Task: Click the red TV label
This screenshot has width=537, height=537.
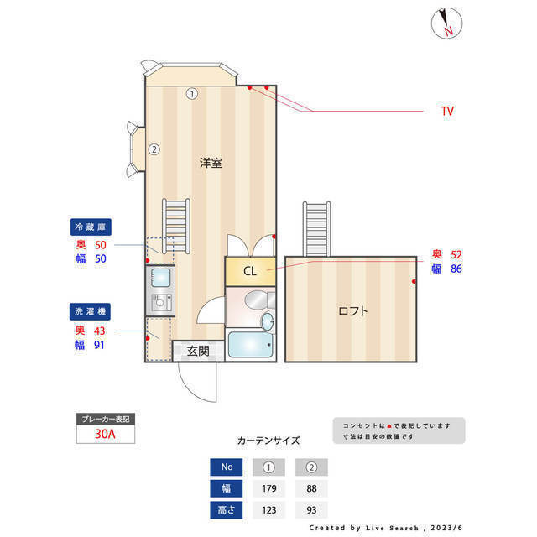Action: tap(447, 110)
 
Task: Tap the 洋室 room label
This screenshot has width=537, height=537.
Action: tap(211, 163)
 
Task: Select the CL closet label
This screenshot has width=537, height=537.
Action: tap(250, 271)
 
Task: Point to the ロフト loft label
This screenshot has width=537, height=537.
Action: tap(352, 310)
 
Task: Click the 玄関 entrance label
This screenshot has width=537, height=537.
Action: tap(198, 351)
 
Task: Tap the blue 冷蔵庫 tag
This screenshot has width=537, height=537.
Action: tap(91, 227)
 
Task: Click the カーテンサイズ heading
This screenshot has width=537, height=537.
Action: tap(268, 440)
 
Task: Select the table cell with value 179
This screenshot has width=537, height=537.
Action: tap(269, 488)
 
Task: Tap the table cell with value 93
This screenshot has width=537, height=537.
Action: tap(311, 509)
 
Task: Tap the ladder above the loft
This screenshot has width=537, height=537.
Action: tap(318, 228)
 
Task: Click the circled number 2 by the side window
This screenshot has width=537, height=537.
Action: tap(154, 150)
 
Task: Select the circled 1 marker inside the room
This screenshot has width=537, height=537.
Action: tap(191, 94)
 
